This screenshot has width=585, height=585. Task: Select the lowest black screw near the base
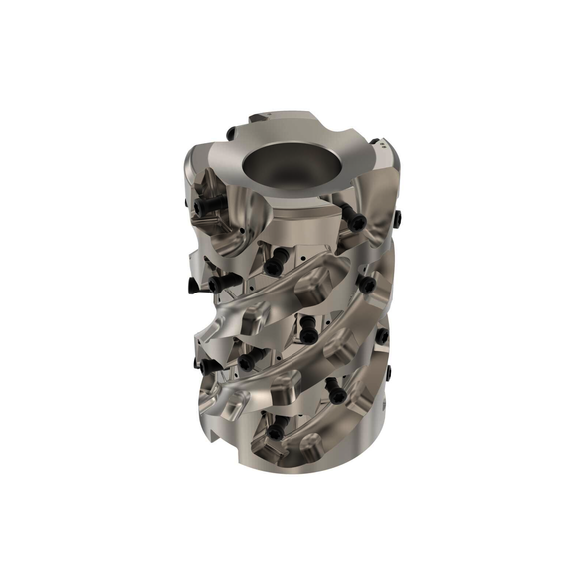point(273,433)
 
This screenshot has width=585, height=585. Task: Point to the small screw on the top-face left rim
point(230,132)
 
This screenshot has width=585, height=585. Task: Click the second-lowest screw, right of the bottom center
point(336,395)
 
